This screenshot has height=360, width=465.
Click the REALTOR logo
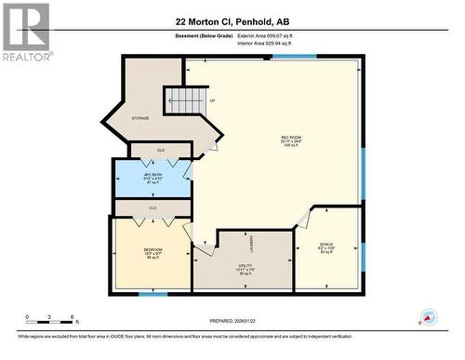25,31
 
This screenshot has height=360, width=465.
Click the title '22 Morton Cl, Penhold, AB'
232,20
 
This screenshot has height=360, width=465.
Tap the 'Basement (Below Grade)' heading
204,36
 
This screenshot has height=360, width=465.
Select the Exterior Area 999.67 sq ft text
265,36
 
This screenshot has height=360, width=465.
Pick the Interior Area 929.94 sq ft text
264,43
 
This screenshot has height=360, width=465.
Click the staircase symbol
186,99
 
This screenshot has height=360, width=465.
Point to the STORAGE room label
140,118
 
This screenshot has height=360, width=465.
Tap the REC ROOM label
292,140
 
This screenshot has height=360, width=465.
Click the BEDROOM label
153,250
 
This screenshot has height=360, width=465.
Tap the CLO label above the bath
161,149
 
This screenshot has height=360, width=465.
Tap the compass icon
428,317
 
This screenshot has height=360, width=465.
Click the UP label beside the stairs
212,100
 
